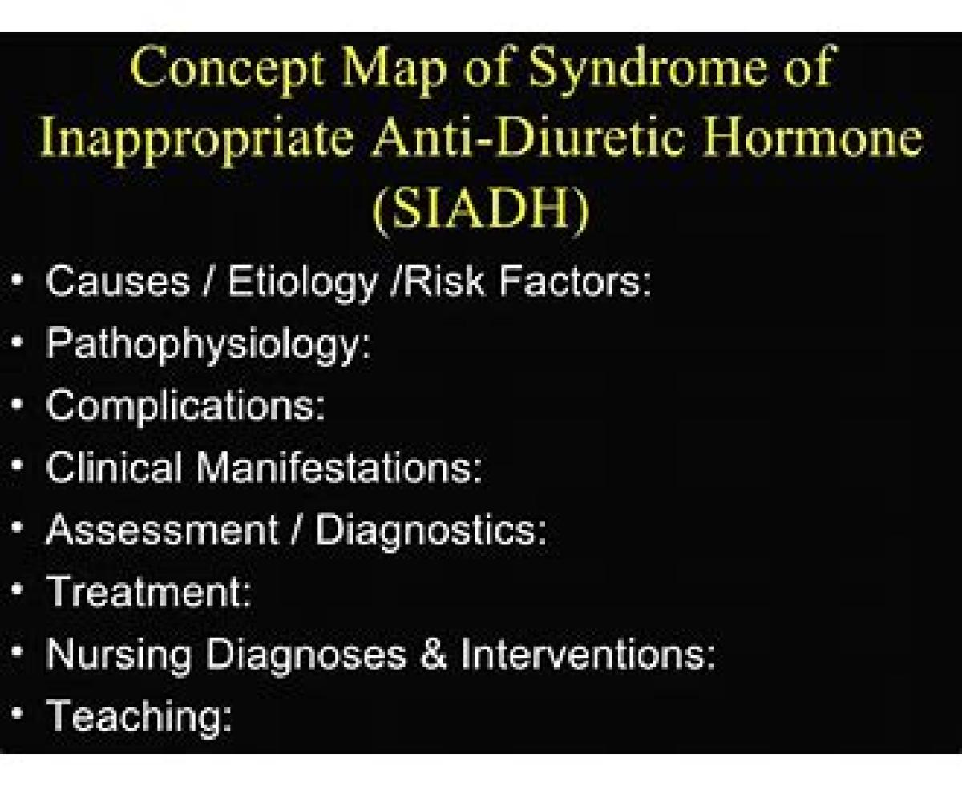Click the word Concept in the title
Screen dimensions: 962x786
click(227, 69)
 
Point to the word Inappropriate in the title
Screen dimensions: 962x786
click(197, 139)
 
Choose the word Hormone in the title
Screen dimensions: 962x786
click(813, 136)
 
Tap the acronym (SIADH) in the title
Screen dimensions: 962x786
click(481, 210)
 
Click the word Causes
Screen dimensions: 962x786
click(118, 281)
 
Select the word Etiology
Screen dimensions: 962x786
click(302, 283)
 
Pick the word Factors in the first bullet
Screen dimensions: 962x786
click(575, 281)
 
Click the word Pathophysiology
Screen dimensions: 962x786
click(208, 345)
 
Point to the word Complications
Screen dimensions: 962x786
click(185, 408)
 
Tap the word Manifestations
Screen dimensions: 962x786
click(338, 467)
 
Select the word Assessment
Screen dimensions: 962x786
click(163, 530)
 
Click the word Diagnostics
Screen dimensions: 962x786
click(430, 531)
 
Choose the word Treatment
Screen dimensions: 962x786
click(148, 591)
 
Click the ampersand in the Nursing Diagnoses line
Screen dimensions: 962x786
click(434, 653)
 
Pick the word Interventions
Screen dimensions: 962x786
click(588, 653)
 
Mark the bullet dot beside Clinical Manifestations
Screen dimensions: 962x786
click(17, 466)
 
